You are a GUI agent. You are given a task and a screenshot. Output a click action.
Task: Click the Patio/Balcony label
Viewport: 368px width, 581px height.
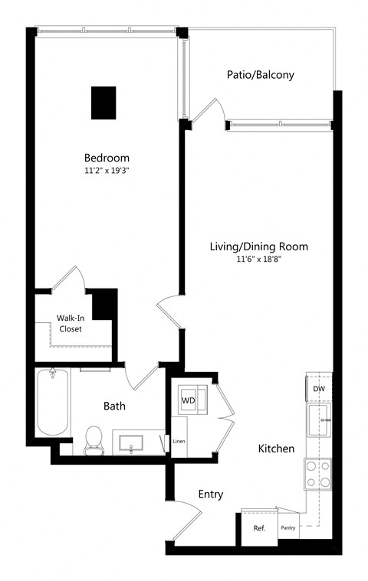(261, 75)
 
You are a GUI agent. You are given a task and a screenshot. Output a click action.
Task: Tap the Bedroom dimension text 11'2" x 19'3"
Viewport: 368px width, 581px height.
(107, 171)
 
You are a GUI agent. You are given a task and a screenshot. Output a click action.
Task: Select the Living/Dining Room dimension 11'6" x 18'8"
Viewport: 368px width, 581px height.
(259, 261)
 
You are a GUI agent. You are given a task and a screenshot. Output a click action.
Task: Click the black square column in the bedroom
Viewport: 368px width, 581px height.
(103, 103)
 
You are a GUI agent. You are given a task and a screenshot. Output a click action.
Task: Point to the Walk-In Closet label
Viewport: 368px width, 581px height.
(70, 323)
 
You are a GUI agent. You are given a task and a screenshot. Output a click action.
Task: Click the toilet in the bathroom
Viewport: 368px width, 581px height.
(94, 439)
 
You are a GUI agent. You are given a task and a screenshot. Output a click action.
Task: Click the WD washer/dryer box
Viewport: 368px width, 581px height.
(188, 400)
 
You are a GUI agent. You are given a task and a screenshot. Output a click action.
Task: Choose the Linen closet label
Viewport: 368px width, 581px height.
(179, 442)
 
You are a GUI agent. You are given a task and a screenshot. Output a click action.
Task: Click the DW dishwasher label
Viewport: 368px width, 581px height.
(319, 390)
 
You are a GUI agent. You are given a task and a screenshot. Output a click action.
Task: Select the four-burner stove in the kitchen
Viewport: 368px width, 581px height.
(317, 473)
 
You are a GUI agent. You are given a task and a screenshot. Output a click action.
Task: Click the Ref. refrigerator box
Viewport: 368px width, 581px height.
(259, 528)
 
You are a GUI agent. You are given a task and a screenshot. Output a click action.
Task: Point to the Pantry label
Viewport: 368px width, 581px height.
(288, 528)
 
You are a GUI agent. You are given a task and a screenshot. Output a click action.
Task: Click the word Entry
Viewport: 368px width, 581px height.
(210, 495)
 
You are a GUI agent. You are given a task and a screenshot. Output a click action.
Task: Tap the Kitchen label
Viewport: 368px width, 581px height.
(276, 449)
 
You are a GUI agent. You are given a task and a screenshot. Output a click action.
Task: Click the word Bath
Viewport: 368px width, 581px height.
(114, 406)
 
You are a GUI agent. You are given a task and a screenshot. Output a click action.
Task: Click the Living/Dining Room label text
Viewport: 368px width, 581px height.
(259, 246)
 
